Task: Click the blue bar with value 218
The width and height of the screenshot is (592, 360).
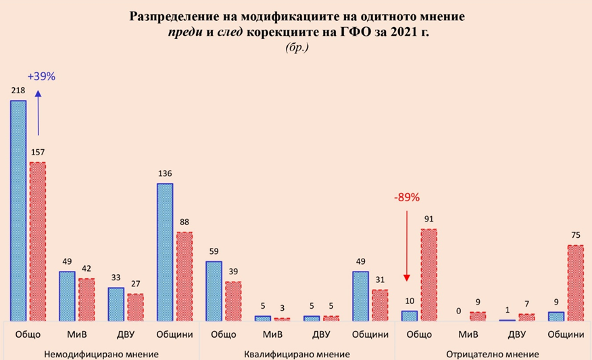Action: point(18,210)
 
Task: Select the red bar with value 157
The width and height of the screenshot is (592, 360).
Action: point(37,240)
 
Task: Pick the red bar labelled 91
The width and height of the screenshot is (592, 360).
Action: point(428,274)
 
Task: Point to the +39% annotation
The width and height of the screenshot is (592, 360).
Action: point(41,76)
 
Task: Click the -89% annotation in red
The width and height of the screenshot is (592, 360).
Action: point(407,198)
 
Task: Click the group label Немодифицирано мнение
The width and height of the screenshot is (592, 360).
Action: point(101,354)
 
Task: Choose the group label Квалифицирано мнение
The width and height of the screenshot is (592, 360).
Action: point(297,354)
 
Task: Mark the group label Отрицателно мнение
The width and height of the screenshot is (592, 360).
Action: point(493,354)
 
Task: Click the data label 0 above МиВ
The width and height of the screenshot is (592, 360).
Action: point(459,311)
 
